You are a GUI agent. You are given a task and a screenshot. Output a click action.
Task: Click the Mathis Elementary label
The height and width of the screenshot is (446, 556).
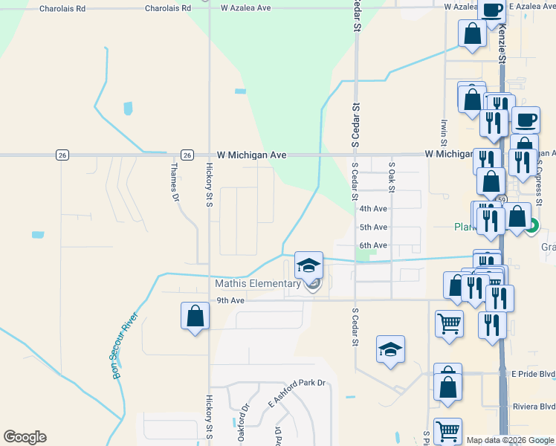click(257, 283)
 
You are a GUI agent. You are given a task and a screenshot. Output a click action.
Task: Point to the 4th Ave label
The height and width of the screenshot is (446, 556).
click(373, 209)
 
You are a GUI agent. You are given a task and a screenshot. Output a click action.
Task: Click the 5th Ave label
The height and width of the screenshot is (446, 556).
click(373, 227)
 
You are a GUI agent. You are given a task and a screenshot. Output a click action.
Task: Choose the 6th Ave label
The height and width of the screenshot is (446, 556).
click(373, 245)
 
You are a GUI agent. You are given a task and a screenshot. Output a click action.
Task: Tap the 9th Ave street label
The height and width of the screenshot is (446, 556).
click(230, 300)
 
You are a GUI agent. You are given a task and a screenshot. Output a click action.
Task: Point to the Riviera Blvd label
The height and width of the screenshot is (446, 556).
click(534, 407)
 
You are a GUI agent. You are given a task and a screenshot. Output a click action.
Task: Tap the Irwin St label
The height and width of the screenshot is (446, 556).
click(444, 133)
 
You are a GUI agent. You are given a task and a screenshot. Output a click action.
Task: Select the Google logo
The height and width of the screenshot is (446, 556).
click(25, 437)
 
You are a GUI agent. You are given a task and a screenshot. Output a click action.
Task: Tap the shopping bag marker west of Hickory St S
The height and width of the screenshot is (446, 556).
click(195, 316)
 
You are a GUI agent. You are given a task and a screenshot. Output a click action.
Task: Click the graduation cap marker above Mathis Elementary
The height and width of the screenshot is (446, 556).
click(309, 265)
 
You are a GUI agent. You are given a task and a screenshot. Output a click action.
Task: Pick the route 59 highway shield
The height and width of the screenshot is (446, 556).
click(502, 200)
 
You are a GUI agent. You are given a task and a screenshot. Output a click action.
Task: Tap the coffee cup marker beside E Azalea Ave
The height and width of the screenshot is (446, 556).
click(491, 10)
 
